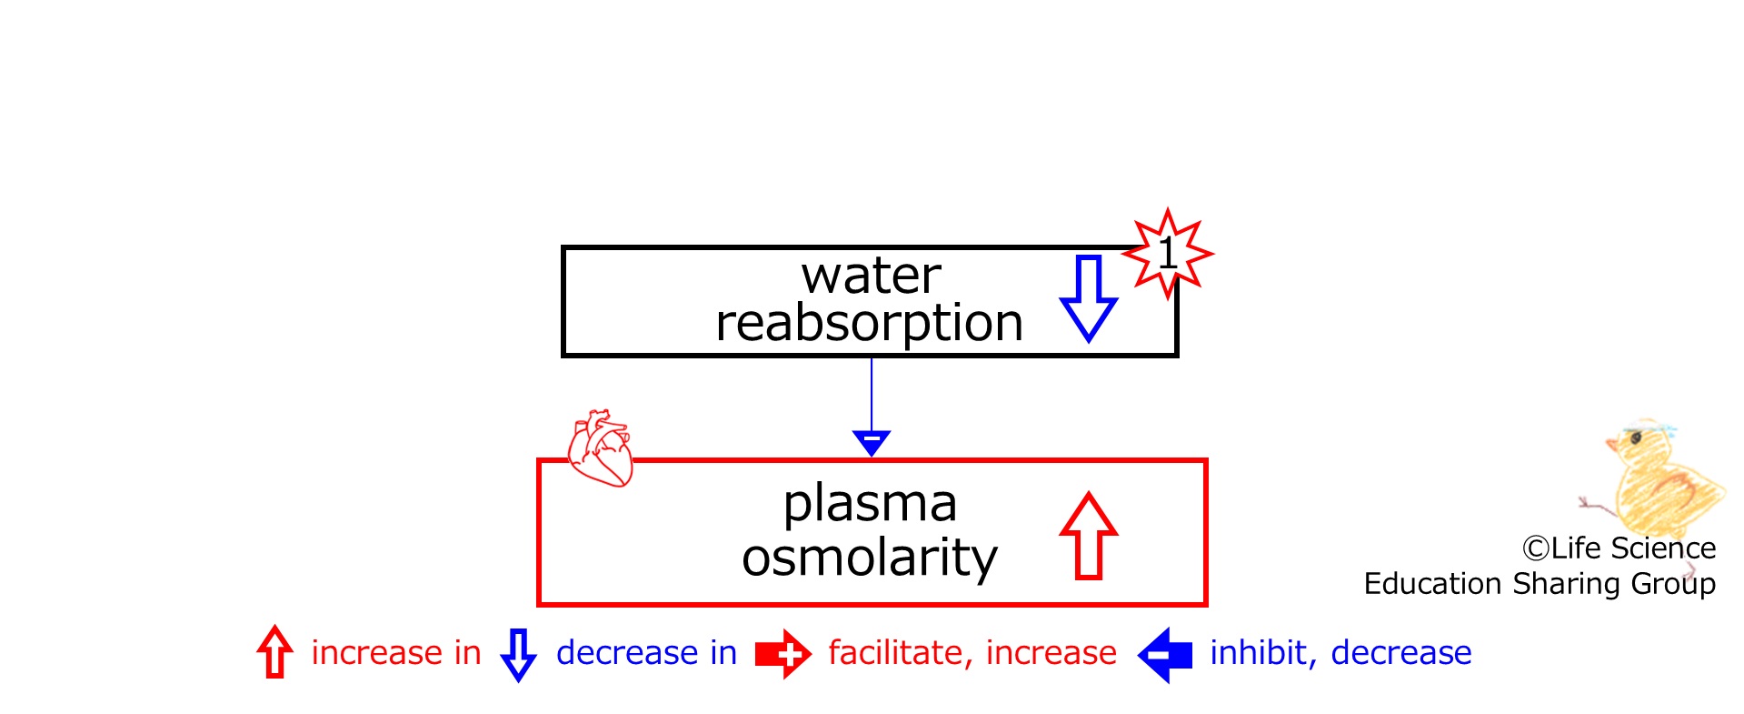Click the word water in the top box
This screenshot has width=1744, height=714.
click(x=871, y=277)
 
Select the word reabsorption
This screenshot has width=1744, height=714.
click(x=870, y=324)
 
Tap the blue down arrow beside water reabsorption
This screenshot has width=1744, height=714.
click(x=1089, y=298)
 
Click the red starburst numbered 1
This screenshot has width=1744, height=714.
click(x=1168, y=254)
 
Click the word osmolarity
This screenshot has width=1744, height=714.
click(x=870, y=557)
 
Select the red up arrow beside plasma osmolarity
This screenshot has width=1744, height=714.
click(x=1089, y=536)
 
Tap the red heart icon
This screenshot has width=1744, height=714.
click(x=600, y=448)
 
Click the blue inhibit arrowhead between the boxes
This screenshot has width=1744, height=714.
click(x=872, y=443)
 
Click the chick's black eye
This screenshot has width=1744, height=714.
click(x=1636, y=438)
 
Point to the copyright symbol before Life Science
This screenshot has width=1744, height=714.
click(x=1535, y=548)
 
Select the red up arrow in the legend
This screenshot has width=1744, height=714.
click(x=274, y=651)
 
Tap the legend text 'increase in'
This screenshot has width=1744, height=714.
click(x=396, y=652)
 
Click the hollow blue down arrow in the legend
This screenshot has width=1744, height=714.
click(x=518, y=654)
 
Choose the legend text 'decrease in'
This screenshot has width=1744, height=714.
click(x=646, y=652)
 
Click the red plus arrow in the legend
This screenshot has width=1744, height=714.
click(x=783, y=654)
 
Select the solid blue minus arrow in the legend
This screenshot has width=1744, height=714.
click(x=1165, y=654)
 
